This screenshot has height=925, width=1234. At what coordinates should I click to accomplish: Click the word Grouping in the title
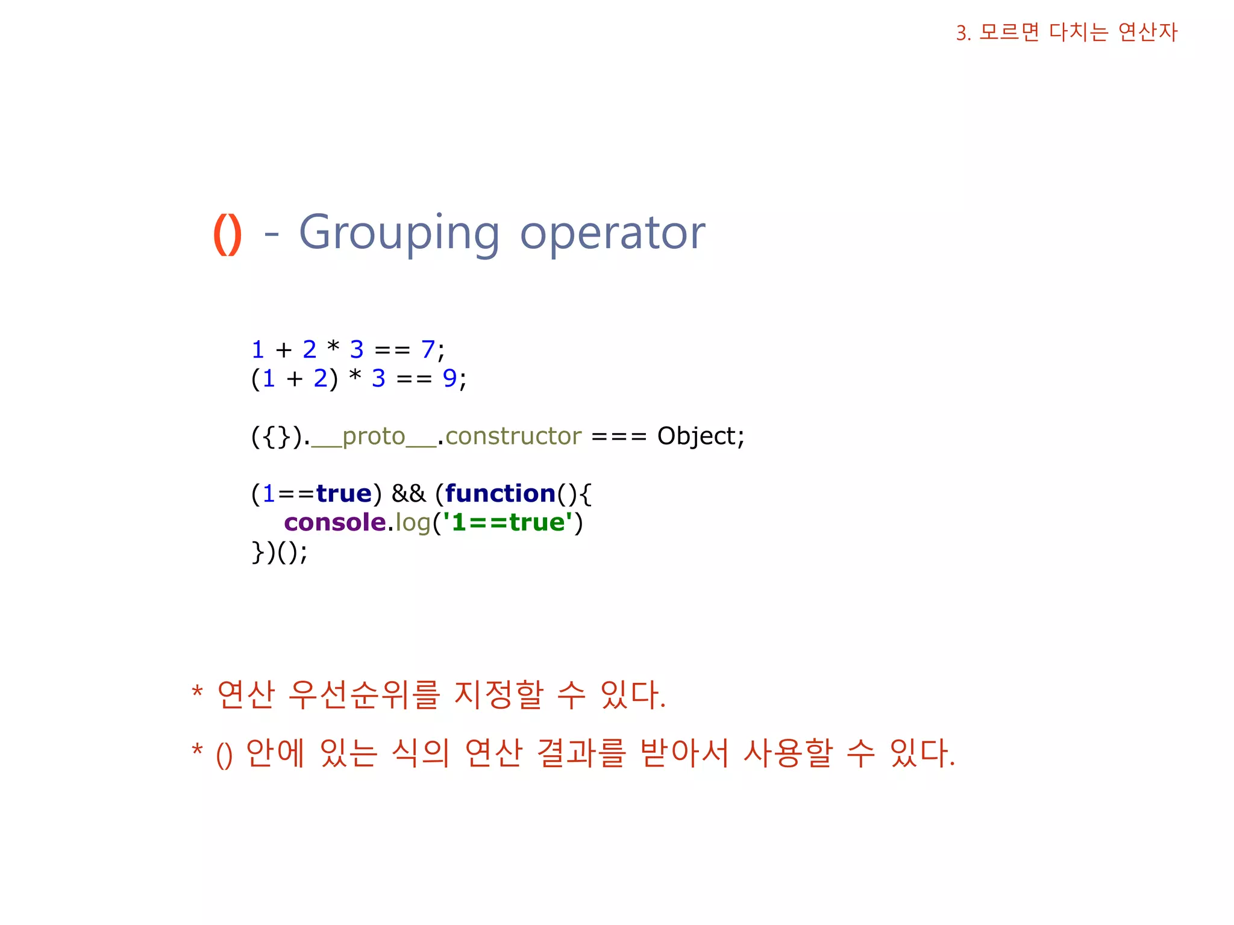point(399,234)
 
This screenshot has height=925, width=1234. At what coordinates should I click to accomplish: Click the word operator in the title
point(612,234)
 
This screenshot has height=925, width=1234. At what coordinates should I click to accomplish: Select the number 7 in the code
point(427,349)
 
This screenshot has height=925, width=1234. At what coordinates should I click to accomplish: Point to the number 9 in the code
point(449,378)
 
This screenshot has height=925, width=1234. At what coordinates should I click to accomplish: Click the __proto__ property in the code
point(374,436)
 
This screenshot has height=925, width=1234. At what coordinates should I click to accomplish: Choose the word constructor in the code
point(513,436)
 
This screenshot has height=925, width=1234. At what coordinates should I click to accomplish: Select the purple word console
point(335,523)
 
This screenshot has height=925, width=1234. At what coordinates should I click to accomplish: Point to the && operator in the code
point(409,494)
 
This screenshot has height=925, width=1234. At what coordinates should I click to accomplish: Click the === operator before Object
point(619,436)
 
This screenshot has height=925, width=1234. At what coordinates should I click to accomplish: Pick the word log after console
point(413,523)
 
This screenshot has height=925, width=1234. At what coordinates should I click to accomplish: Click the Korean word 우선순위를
point(364,695)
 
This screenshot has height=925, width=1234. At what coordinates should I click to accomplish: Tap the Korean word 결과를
point(581,753)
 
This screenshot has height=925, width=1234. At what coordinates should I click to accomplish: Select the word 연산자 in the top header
point(1147,32)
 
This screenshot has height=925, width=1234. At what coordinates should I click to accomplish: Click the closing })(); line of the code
point(279,552)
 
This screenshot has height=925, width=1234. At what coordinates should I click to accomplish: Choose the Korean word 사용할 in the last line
point(788,753)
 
